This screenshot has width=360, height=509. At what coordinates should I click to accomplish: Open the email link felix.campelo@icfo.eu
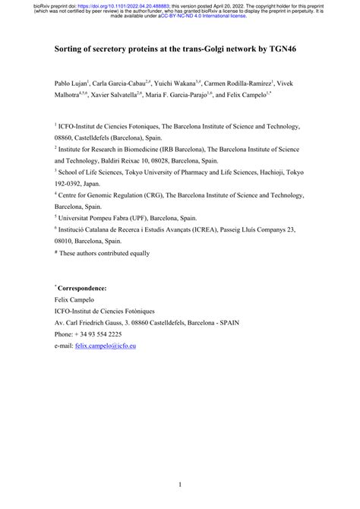(x=106, y=346)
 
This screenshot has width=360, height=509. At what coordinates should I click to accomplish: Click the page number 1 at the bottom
(x=180, y=484)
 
